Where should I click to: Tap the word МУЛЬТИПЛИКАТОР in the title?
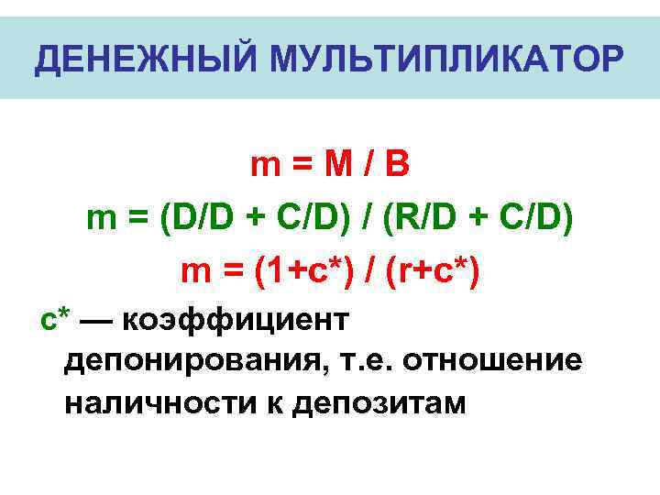pyautogui.click(x=446, y=60)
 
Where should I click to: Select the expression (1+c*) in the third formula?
pyautogui.click(x=289, y=272)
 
